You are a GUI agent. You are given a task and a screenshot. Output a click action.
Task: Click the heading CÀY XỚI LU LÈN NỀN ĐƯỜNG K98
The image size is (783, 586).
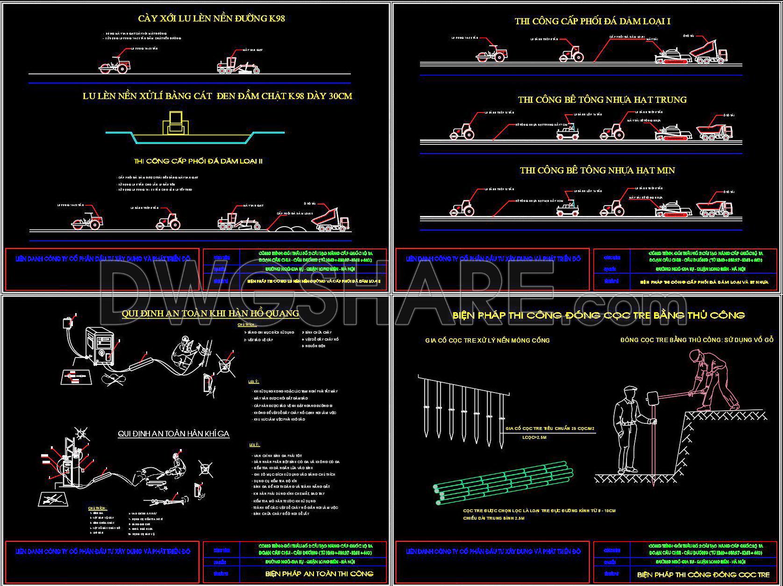pyautogui.click(x=211, y=19)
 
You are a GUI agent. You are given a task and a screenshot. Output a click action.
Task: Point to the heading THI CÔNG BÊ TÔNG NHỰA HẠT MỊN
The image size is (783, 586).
pyautogui.click(x=597, y=171)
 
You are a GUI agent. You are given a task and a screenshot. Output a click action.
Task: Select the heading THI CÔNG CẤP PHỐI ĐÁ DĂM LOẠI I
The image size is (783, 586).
pyautogui.click(x=592, y=21)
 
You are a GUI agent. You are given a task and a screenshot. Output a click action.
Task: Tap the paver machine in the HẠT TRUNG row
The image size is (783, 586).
pyautogui.click(x=672, y=132)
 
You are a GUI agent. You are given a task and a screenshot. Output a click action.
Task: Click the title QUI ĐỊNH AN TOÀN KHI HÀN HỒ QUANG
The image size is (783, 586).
pyautogui.click(x=210, y=314)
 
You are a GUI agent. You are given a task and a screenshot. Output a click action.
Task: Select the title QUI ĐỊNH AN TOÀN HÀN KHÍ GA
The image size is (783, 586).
pyautogui.click(x=173, y=434)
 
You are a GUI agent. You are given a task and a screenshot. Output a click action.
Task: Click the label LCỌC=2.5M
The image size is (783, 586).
pyautogui.click(x=534, y=437)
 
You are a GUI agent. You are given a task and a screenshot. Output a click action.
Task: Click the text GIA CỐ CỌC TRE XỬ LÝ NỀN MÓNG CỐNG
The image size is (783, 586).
pyautogui.click(x=487, y=341)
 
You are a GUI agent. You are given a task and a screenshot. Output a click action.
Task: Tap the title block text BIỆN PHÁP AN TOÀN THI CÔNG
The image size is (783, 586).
pyautogui.click(x=319, y=574)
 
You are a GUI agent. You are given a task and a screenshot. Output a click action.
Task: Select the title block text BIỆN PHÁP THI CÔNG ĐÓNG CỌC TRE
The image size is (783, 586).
pyautogui.click(x=703, y=574)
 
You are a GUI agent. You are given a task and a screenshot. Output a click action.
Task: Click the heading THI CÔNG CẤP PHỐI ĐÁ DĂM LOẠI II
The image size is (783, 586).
pyautogui.click(x=198, y=161)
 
